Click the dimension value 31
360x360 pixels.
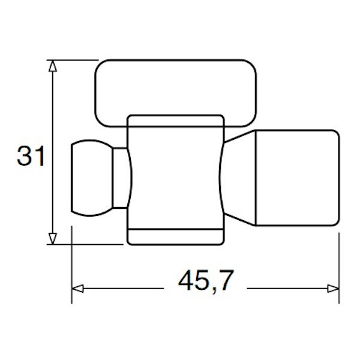point(31,157)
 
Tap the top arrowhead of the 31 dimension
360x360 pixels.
point(53,66)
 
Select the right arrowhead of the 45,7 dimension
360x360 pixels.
point(333,289)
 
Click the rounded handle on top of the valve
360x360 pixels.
point(179,93)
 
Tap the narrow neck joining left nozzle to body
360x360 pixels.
point(122,178)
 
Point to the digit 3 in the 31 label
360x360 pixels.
point(24,157)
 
